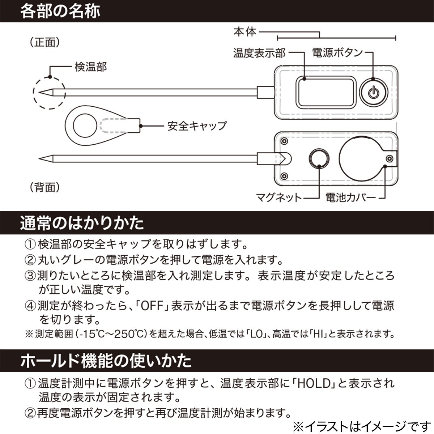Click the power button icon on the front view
click(x=374, y=92)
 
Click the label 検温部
click(x=91, y=67)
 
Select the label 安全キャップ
click(x=197, y=126)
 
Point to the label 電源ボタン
click(x=337, y=53)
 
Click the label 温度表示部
click(x=259, y=54)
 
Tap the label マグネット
click(x=279, y=197)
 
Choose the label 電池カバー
click(x=350, y=197)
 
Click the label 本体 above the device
click(x=245, y=32)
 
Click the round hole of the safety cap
click(x=85, y=125)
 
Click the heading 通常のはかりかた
click(x=82, y=223)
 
